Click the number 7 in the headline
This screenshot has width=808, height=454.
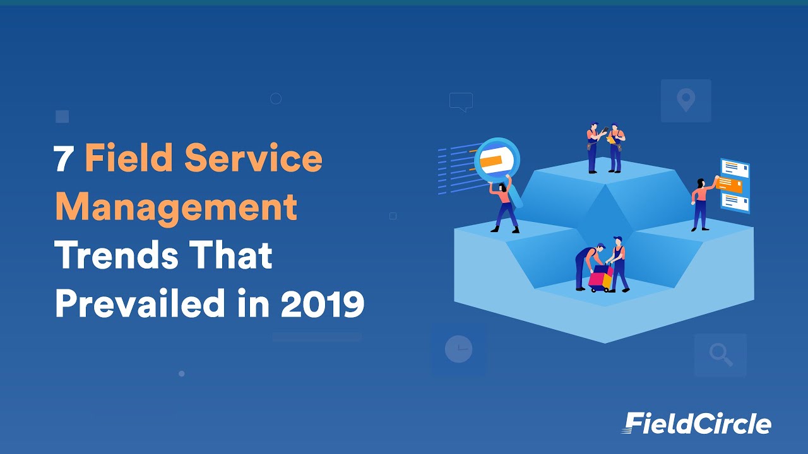click(64, 159)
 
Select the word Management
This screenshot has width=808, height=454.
click(176, 207)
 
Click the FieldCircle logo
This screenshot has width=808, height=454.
click(697, 423)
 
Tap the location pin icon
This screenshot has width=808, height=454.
click(686, 100)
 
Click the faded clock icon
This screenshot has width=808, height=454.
click(458, 349)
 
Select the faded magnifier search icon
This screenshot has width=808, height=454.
click(720, 355)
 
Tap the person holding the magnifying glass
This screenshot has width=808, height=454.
click(505, 205)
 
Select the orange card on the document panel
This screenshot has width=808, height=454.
click(730, 185)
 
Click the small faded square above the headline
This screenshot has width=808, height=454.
click(62, 117)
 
